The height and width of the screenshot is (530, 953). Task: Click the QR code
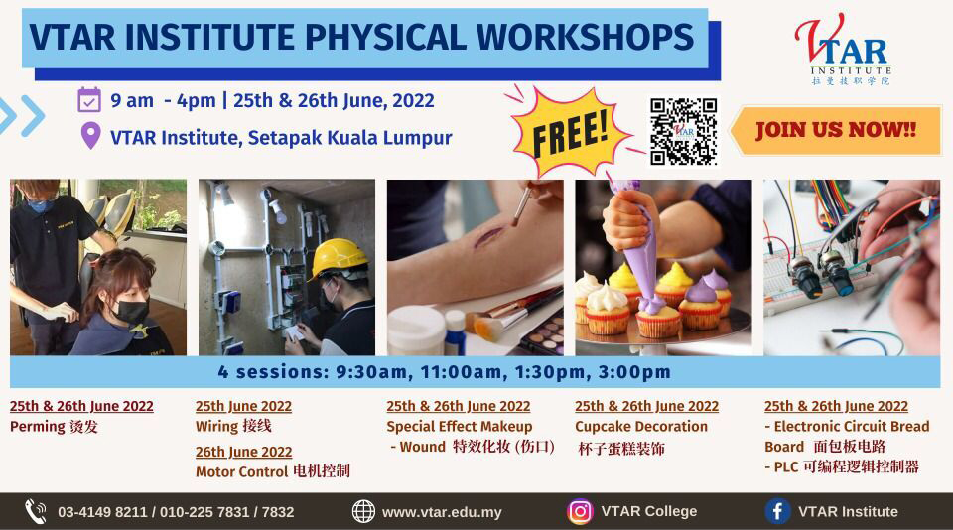pos(683,131)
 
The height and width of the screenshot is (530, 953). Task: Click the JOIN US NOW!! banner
pos(836,130)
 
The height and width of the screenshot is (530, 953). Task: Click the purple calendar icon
pos(89,100)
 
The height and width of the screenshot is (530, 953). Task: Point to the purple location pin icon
pos(90,136)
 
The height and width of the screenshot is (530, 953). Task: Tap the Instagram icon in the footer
pos(580,512)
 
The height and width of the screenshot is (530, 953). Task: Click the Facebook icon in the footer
pos(777,512)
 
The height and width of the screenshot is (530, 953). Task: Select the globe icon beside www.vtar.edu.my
pos(363,512)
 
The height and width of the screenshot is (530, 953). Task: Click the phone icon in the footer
pos(36,512)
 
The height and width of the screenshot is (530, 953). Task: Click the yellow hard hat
pos(338,258)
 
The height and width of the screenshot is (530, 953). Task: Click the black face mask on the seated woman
pos(131,311)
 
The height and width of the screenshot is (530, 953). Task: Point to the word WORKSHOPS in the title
pos(585,37)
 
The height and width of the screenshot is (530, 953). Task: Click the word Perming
pos(37,427)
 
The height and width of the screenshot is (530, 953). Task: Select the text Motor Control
pos(241,471)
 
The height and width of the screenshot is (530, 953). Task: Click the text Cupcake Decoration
pos(641,426)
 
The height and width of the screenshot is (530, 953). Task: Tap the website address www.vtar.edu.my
pos(442,512)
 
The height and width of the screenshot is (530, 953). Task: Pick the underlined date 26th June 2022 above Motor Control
pos(244,453)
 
